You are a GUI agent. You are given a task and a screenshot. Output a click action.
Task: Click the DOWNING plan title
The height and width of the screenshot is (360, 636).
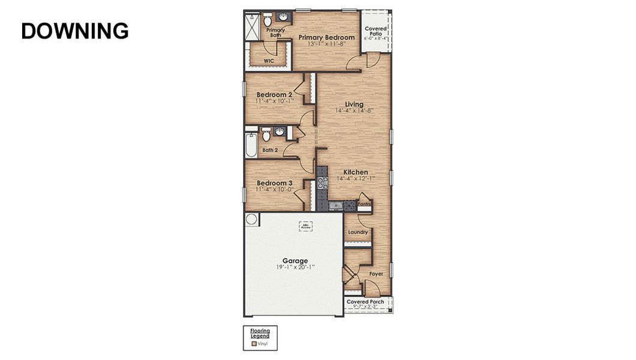pyautogui.click(x=75, y=31)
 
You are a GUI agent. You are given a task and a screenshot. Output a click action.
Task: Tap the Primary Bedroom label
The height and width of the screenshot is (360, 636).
pyautogui.click(x=326, y=37)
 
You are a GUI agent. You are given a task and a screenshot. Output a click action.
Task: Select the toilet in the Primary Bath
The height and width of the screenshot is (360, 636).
pyautogui.click(x=268, y=20)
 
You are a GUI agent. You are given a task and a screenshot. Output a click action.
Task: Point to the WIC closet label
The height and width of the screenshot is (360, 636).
pyautogui.click(x=269, y=61)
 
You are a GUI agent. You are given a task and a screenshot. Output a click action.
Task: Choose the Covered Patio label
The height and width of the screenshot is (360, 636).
pyautogui.click(x=376, y=31)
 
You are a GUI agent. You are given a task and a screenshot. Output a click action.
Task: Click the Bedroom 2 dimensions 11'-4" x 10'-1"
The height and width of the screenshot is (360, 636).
pyautogui.click(x=274, y=101)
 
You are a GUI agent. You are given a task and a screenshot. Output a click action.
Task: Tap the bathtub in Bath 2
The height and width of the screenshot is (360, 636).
pyautogui.click(x=251, y=145)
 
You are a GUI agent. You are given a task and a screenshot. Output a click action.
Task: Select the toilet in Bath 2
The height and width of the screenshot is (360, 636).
pyautogui.click(x=266, y=136)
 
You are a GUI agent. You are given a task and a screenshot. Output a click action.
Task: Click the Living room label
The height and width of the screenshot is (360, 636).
pyautogui.click(x=355, y=104)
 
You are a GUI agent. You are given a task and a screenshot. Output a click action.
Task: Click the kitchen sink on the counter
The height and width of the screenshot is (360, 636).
pyautogui.click(x=337, y=206)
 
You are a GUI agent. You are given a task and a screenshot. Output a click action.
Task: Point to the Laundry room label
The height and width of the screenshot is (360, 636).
pyautogui.click(x=358, y=232)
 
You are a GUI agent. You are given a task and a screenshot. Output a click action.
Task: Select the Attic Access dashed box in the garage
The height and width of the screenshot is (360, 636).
pyautogui.click(x=306, y=226)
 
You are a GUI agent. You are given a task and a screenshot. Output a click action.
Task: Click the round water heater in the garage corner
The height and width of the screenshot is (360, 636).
pyautogui.click(x=252, y=220)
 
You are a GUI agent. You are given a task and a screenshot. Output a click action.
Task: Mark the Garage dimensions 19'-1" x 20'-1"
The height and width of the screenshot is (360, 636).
pyautogui.click(x=295, y=267)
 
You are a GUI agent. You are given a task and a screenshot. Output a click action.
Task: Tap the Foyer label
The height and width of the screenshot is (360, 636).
pyautogui.click(x=376, y=274)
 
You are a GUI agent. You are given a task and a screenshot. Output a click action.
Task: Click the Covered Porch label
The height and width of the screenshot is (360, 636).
pyautogui.click(x=365, y=302)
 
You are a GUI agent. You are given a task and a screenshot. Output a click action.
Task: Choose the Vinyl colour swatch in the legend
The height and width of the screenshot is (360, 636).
pyautogui.click(x=254, y=344)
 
